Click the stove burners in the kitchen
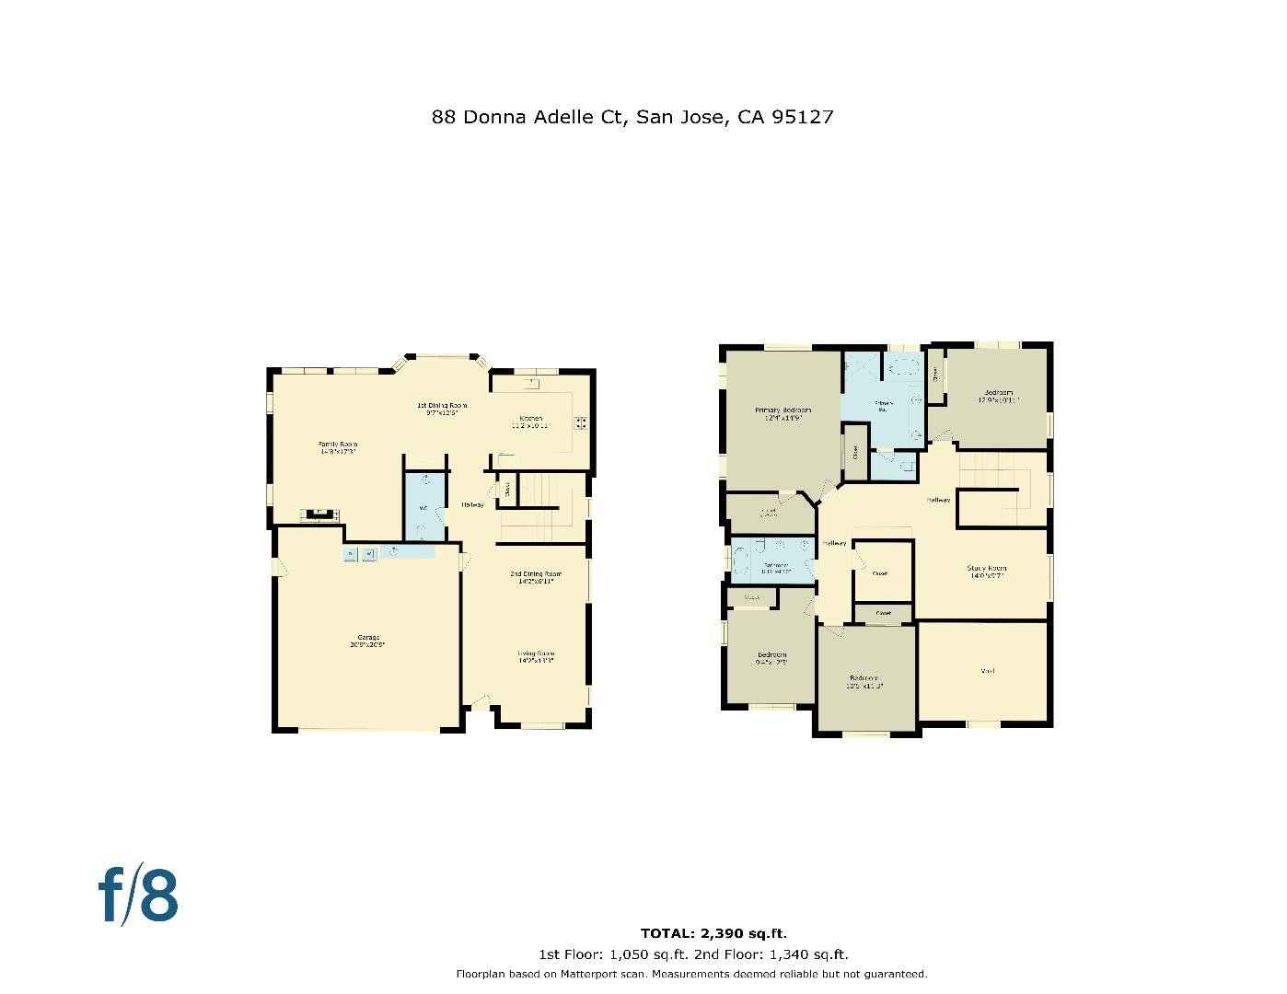coord(582,423)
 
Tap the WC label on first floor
coord(423,508)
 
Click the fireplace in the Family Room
coord(319,513)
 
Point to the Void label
coord(987,671)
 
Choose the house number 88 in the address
coord(444,117)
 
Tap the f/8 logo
coord(138,895)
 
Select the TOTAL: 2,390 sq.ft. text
coord(713,933)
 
